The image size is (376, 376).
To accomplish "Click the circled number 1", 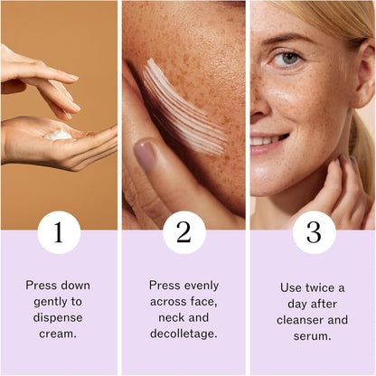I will pos(59,232).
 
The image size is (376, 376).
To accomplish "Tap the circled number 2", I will pos(184,232).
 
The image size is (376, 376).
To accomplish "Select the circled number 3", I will pos(314,232).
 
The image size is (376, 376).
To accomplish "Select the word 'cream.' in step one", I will pos(59,333).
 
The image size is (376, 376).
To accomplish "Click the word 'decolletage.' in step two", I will pos(184,333).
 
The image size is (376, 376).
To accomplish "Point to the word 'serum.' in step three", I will pos(314,336).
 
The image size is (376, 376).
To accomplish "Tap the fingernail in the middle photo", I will pos(145,155).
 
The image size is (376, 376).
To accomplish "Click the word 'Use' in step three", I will pos(292,287).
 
